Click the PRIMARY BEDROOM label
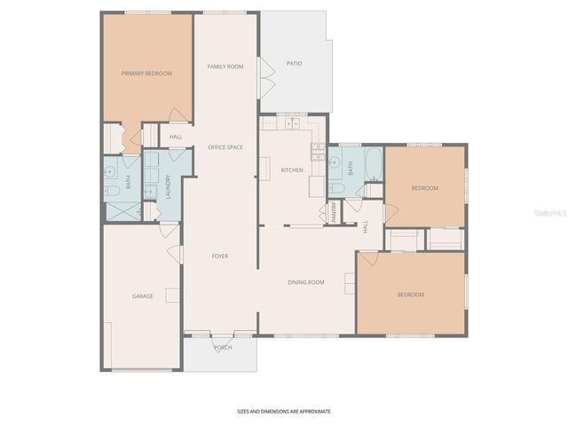coord(146,74)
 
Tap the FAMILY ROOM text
coord(225,67)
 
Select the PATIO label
coord(294,64)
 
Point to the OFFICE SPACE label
coord(225,146)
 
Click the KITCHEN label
coord(292,170)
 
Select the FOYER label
coord(220,256)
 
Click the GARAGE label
coord(143,296)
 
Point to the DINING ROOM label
coord(305,282)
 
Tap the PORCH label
coord(223,347)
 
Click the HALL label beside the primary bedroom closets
coord(176,137)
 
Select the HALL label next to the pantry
coord(366,227)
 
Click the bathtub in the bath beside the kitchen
coord(373,163)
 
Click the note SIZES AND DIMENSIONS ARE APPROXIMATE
coord(283,412)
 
